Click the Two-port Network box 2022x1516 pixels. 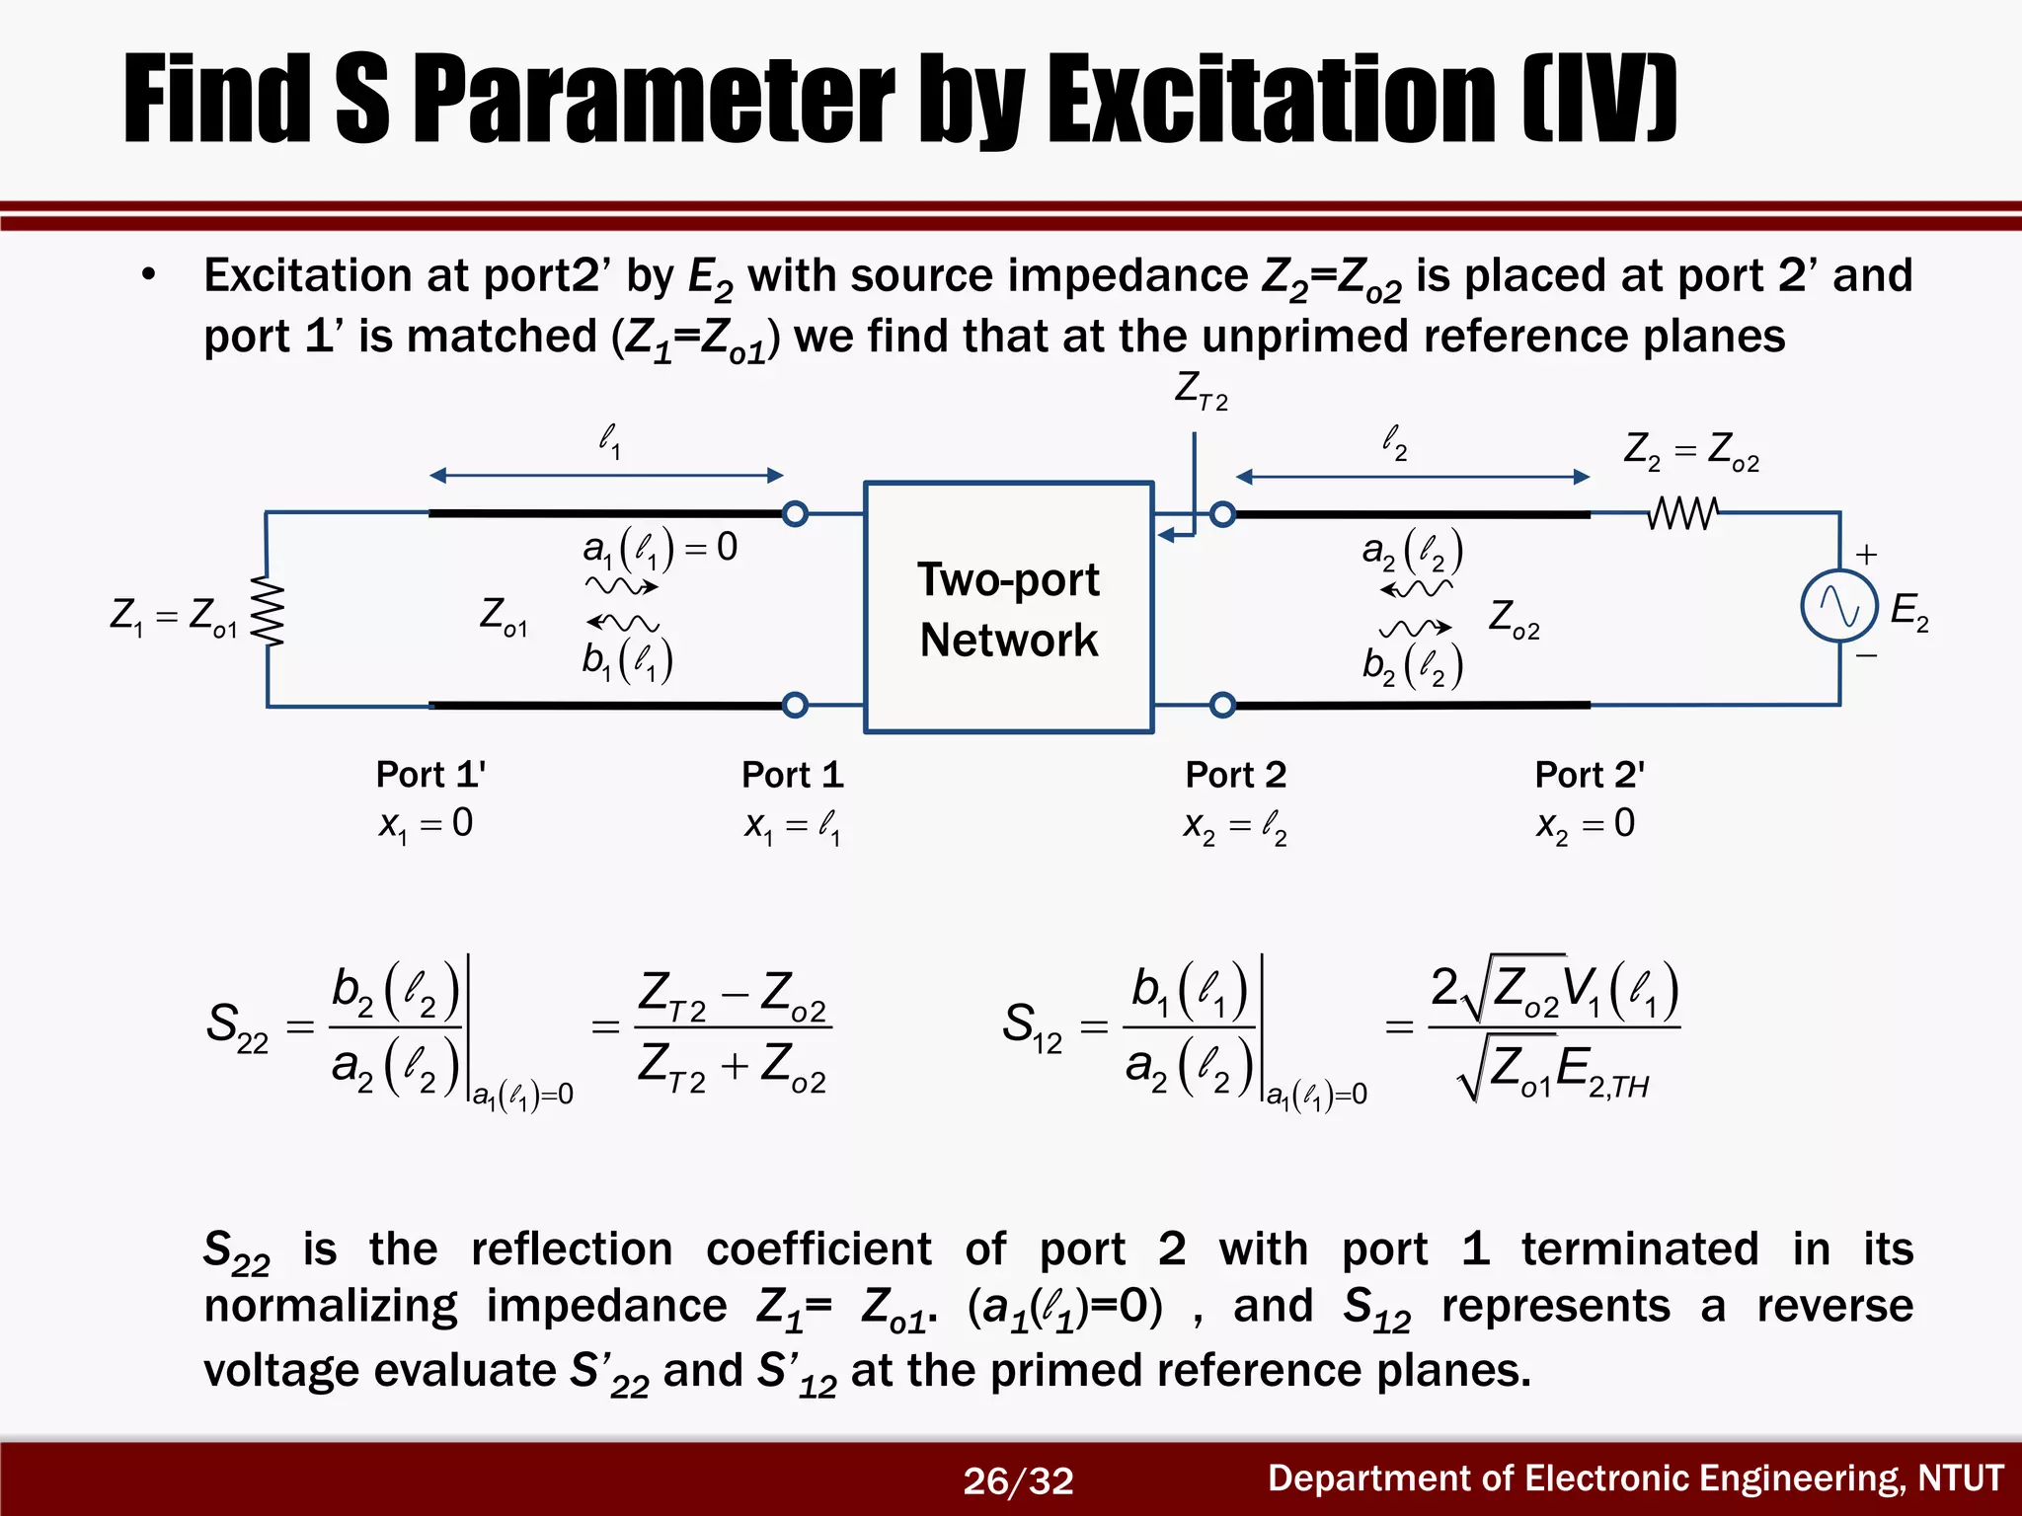pos(1008,607)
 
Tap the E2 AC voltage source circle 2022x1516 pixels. pos(1838,606)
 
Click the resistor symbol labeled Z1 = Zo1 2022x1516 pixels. pos(268,611)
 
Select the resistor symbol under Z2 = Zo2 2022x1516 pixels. pos(1683,513)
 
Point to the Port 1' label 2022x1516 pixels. pos(430,775)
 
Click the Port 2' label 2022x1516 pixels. pos(1589,775)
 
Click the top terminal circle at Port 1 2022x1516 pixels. pos(795,513)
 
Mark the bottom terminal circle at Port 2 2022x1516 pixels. pos(1222,705)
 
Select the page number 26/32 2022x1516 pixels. pos(1018,1480)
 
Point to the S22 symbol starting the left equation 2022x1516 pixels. pos(237,1026)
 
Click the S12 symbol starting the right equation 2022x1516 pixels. pos(1032,1026)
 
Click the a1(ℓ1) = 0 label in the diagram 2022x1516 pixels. pos(660,548)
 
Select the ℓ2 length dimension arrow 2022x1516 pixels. pos(1412,477)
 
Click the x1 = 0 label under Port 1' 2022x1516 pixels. pos(426,824)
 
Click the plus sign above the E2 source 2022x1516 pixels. pos(1866,554)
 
